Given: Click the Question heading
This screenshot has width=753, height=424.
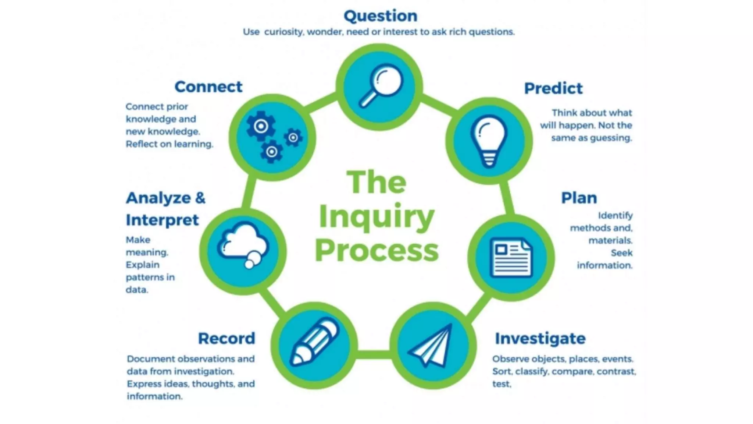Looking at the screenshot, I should [381, 16].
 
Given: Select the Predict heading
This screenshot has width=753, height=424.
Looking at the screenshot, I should [553, 89].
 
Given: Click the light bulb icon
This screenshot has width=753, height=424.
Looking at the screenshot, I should [489, 141].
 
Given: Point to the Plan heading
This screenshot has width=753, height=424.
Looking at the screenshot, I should [579, 198].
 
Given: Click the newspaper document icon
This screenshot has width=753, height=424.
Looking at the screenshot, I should [511, 258].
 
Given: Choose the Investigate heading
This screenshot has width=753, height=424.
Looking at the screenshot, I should [540, 339].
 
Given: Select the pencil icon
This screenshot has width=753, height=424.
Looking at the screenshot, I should [314, 342].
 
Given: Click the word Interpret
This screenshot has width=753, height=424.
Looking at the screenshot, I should [162, 220].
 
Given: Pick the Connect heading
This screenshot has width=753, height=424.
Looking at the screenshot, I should [208, 87].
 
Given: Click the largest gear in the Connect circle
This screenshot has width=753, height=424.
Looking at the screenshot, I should [261, 126].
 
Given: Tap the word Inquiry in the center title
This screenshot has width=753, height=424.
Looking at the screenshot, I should [376, 217].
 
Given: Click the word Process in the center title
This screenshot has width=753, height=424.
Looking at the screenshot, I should [377, 251].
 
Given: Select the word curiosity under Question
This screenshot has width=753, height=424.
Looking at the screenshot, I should [283, 32].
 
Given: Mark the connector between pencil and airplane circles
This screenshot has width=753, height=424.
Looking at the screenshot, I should [373, 354].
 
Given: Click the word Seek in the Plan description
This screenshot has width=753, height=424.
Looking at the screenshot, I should [621, 253].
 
